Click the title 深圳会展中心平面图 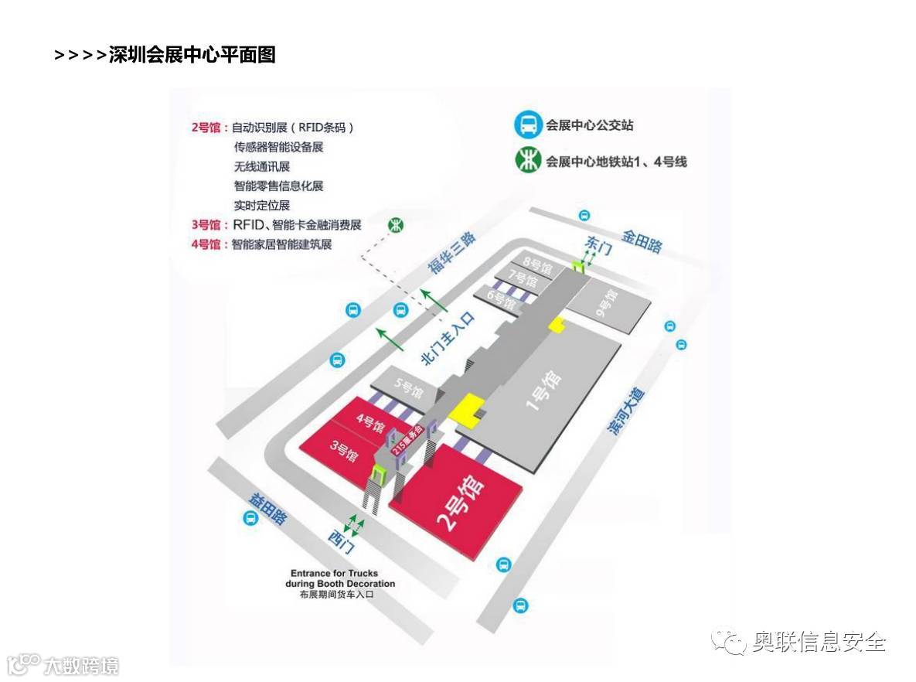tap(192, 55)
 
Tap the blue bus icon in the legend tap(528, 124)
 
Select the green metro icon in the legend tap(528, 161)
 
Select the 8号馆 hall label tap(538, 265)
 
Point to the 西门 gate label tap(341, 540)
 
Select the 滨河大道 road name tap(625, 412)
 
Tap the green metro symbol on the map tap(396, 225)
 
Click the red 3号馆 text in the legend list tap(205, 225)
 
